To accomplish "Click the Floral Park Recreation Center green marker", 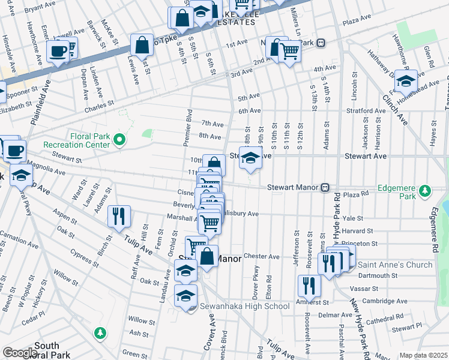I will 119,141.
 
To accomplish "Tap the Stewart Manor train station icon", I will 325,187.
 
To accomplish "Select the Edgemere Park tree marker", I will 425,191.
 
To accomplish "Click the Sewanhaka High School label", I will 245,307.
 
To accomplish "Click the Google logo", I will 19,353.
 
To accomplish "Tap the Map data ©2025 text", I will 423,355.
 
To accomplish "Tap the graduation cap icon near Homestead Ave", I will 406,80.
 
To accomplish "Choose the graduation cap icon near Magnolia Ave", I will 21,176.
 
